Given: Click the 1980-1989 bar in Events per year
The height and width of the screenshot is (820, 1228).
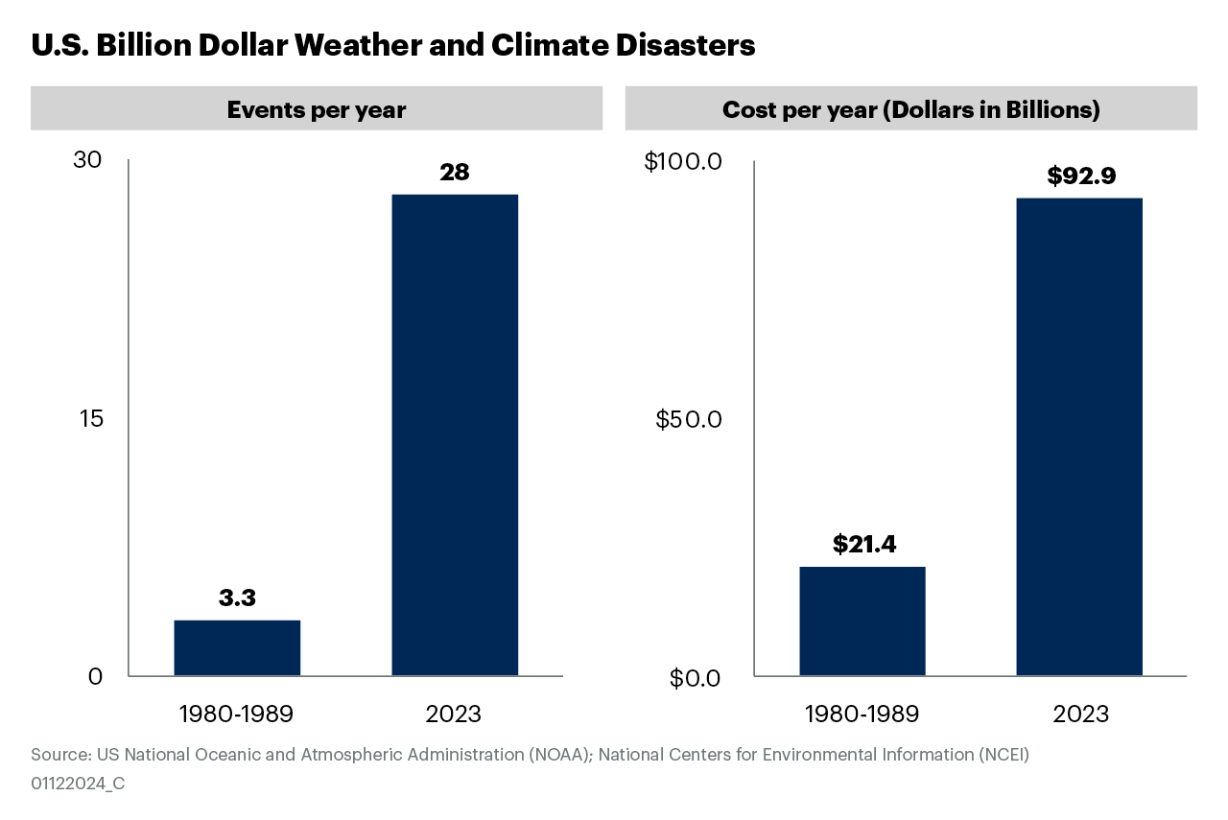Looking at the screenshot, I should pyautogui.click(x=237, y=647).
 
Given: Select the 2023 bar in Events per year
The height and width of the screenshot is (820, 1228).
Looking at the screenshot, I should pyautogui.click(x=455, y=434).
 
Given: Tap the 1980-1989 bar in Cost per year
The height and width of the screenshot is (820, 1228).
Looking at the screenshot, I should pyautogui.click(x=862, y=621).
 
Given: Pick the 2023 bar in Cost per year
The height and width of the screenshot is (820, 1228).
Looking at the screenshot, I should pyautogui.click(x=1079, y=436).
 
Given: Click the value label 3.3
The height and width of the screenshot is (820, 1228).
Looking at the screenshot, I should pyautogui.click(x=237, y=598).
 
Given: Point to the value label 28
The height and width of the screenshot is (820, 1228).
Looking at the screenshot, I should pyautogui.click(x=455, y=173).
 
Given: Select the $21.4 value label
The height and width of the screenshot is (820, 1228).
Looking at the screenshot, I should pyautogui.click(x=863, y=545).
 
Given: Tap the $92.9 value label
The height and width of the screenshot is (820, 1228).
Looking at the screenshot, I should pyautogui.click(x=1081, y=176).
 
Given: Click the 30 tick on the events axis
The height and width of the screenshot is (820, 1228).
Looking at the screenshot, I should pyautogui.click(x=87, y=160).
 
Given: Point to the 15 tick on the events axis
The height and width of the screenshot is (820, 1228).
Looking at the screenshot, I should pyautogui.click(x=90, y=419).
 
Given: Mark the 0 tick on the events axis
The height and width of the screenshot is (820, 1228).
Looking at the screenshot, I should pyautogui.click(x=95, y=676).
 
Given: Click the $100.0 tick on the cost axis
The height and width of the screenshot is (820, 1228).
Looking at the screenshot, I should pyautogui.click(x=682, y=161).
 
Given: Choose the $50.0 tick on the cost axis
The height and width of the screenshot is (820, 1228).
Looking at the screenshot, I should pyautogui.click(x=688, y=420).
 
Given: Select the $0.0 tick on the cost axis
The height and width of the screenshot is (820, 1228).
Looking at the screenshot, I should pyautogui.click(x=695, y=678).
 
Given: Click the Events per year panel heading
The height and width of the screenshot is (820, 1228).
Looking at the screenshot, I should pyautogui.click(x=317, y=109).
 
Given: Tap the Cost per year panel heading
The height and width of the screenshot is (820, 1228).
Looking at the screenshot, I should pyautogui.click(x=910, y=109).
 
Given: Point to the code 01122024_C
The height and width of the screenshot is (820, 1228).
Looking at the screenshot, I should pyautogui.click(x=78, y=784).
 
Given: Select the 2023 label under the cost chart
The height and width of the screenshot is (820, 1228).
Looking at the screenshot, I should pyautogui.click(x=1080, y=715).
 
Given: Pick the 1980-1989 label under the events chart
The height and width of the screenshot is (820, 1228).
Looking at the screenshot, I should pyautogui.click(x=236, y=715).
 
